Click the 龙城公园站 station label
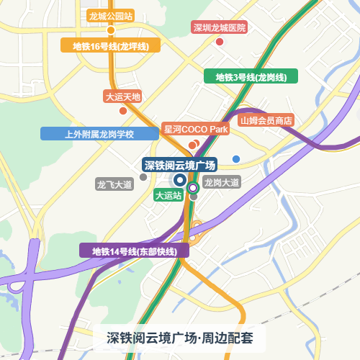point(109,15)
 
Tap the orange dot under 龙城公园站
point(111,30)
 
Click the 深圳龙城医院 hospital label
point(220,28)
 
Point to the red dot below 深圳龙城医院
point(220,42)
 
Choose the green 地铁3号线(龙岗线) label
point(251,77)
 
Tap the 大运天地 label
point(123,96)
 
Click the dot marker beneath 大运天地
point(123,110)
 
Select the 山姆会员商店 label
point(266,120)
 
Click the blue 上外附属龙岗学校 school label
point(99,134)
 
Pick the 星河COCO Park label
point(196,129)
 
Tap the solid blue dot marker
point(236,158)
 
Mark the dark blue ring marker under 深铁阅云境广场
point(179,181)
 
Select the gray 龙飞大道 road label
point(114,185)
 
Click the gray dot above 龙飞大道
point(143,176)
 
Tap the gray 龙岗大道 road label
point(221,183)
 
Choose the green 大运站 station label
point(168,195)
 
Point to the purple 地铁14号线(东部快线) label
point(134,251)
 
